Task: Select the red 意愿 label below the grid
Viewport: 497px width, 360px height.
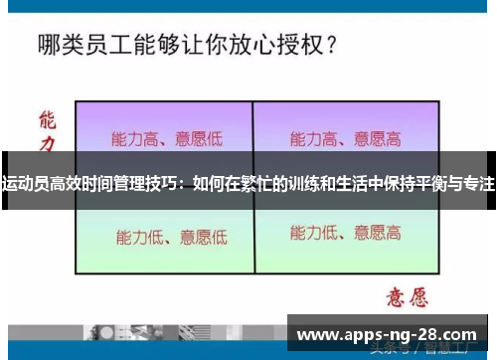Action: [x=405, y=296]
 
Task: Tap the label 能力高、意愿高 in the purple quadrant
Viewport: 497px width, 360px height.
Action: [x=345, y=138]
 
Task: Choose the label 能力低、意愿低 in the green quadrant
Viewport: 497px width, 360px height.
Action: [x=171, y=237]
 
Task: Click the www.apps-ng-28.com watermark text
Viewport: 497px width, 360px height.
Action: [x=387, y=335]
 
